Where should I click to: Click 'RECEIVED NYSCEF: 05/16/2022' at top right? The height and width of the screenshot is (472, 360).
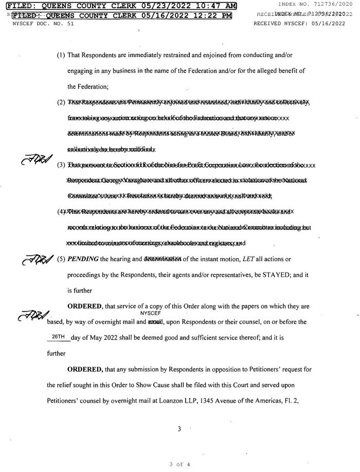pos(301,24)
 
